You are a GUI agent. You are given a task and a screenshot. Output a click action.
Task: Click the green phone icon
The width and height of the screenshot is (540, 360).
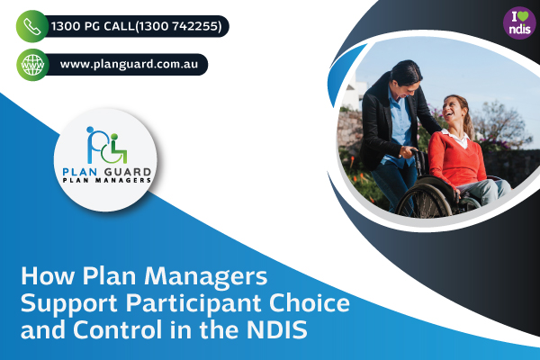pos(32,26)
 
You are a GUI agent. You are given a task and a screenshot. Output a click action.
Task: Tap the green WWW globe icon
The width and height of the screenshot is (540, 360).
pos(32,65)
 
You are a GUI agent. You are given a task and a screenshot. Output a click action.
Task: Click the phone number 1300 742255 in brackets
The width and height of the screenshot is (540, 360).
pos(179,26)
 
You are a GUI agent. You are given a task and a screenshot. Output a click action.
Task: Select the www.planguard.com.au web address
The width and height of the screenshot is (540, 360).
pos(129,65)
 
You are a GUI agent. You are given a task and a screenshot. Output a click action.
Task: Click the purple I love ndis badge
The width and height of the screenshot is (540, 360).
pos(519,22)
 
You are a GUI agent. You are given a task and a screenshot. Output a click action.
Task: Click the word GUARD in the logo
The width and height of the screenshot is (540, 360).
pos(128,172)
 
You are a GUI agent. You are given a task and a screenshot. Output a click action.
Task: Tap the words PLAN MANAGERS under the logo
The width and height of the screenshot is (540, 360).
pos(107,180)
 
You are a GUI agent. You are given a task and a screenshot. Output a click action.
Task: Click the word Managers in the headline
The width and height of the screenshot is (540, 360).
pos(205,276)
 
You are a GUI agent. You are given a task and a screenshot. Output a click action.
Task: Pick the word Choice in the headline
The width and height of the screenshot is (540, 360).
pos(310,302)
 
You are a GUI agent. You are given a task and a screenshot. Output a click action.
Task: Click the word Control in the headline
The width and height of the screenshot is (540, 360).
pos(117,329)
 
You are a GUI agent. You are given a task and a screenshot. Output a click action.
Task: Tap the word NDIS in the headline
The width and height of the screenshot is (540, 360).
pos(276,329)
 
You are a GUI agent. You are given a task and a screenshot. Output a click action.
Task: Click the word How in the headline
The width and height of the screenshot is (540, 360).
pos(48,276)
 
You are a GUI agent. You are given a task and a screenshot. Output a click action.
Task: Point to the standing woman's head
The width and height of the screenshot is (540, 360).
pos(408,76)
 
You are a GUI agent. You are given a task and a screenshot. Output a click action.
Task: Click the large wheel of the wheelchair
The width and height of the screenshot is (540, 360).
pos(424,202)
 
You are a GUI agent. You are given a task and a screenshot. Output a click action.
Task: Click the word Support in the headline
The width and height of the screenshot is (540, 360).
pos(70,304)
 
